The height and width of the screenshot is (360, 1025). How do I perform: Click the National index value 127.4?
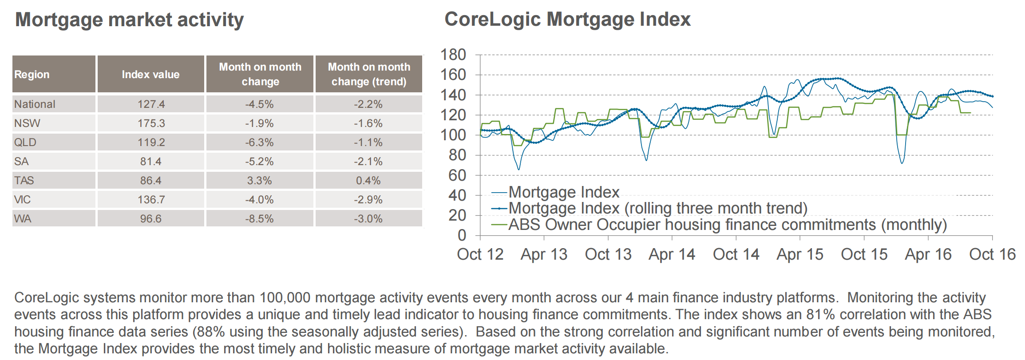click(151, 104)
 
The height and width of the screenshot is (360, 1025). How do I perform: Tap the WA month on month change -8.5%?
click(260, 219)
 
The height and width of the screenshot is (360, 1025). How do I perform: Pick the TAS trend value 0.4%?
click(368, 181)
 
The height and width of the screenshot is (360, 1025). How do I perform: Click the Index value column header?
click(151, 75)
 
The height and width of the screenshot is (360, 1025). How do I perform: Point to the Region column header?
click(32, 75)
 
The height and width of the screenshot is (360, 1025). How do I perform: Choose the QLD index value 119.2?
click(151, 142)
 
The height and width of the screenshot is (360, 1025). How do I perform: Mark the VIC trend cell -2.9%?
click(368, 200)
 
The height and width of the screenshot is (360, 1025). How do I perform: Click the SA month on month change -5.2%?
click(260, 162)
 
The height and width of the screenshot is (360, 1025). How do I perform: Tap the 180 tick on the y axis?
click(453, 55)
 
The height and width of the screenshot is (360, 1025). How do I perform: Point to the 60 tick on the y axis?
click(457, 175)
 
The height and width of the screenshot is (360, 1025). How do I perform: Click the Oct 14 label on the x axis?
click(736, 254)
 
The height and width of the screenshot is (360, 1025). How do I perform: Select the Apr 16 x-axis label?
click(928, 254)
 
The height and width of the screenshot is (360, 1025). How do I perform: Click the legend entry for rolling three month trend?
click(649, 208)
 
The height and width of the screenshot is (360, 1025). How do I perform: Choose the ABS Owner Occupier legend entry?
click(719, 225)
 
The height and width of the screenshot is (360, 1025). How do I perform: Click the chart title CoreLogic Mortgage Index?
click(568, 20)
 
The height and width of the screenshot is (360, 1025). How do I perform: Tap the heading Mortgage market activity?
click(130, 20)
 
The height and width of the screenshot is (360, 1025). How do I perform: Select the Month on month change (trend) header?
click(369, 74)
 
